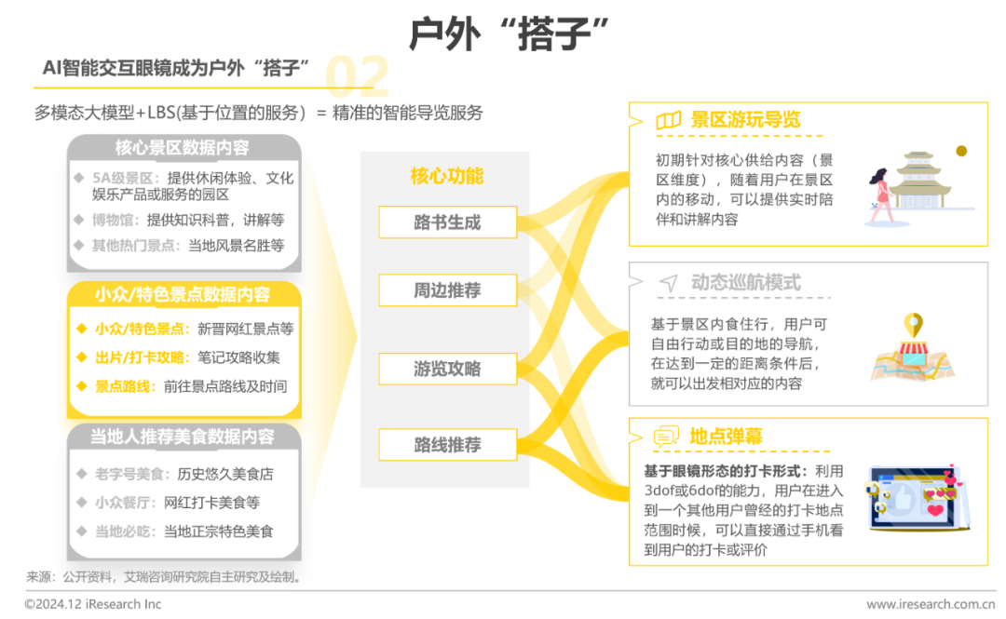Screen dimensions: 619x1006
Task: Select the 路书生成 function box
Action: click(447, 222)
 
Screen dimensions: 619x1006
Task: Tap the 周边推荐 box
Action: click(447, 290)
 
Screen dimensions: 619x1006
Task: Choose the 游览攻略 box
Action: click(447, 369)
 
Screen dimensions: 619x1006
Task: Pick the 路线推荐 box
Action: click(447, 445)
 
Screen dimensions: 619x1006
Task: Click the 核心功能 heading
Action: click(447, 176)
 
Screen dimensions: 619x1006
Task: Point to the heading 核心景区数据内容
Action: click(182, 148)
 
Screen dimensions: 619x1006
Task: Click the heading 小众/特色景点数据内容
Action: click(183, 295)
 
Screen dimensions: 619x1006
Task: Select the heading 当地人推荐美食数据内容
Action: click(183, 437)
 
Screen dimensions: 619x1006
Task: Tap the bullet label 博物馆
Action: click(116, 221)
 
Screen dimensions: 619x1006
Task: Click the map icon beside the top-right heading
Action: click(668, 121)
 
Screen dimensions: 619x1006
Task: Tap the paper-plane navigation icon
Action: click(668, 282)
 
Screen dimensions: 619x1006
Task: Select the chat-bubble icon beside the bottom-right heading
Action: click(668, 436)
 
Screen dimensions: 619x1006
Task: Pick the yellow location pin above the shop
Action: click(913, 327)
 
